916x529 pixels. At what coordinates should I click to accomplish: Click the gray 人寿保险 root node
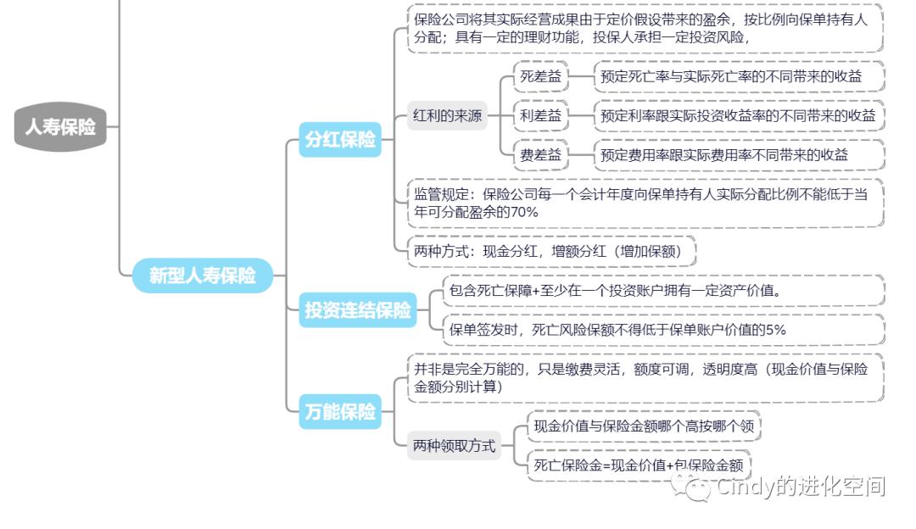tap(59, 128)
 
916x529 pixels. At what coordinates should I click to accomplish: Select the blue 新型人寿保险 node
tap(203, 276)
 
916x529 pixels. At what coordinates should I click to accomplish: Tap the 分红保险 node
tap(340, 140)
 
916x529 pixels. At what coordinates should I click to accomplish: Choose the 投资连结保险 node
tap(358, 310)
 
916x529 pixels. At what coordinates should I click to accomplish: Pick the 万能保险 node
tap(340, 412)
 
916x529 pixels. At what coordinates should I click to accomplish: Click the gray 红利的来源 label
tap(448, 116)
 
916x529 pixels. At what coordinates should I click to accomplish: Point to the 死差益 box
tap(541, 76)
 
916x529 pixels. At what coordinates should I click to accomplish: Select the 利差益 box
tap(541, 116)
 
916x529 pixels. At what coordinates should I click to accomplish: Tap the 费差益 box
tap(541, 155)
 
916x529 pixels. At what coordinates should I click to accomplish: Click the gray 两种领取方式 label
tap(454, 445)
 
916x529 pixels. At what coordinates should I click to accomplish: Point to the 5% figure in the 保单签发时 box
tap(775, 330)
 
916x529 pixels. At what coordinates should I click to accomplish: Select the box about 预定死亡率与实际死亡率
tap(738, 76)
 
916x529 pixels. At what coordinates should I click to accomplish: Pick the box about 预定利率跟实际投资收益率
tap(738, 116)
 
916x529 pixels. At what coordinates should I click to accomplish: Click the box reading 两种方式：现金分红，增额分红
tap(555, 251)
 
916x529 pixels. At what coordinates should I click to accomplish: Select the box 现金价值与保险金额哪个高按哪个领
tap(643, 426)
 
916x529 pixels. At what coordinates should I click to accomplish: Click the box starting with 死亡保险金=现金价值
tap(638, 465)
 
